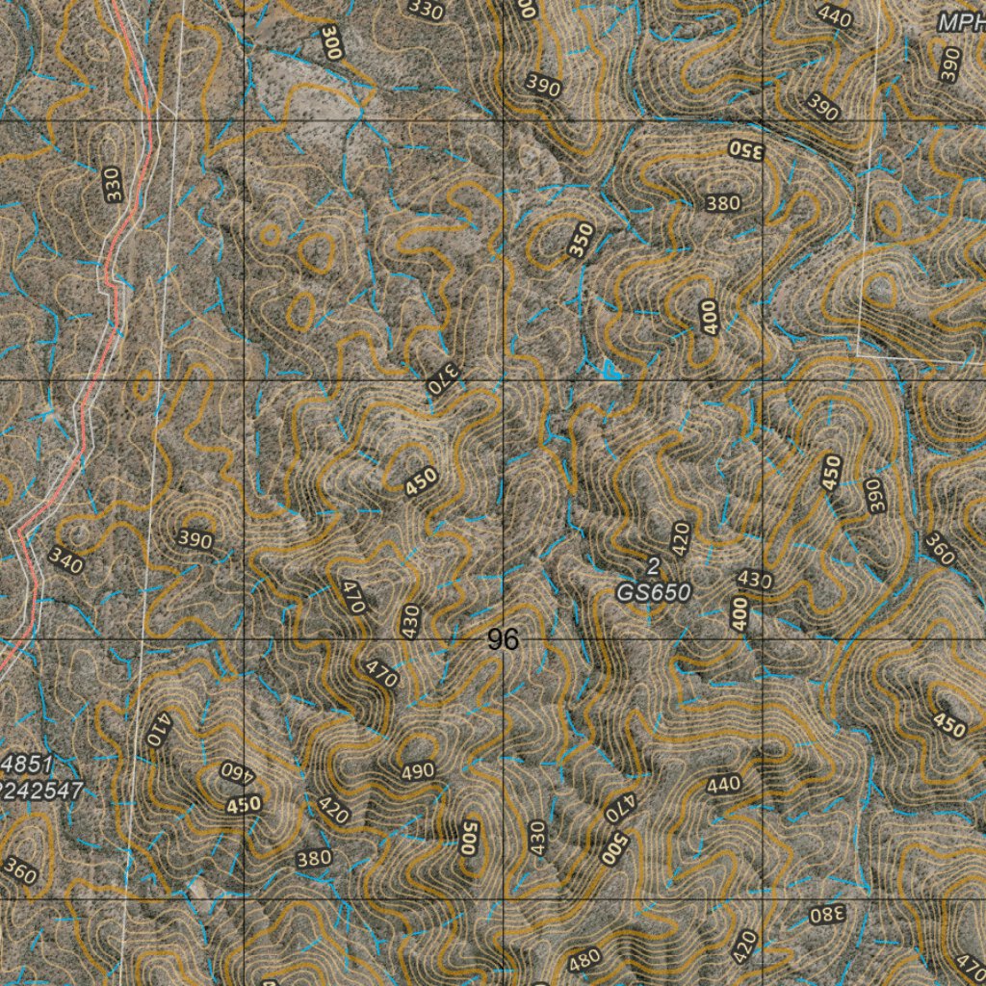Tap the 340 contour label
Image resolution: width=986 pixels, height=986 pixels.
click(65, 560)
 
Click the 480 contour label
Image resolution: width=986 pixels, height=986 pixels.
click(584, 958)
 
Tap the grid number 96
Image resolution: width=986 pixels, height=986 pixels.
click(503, 639)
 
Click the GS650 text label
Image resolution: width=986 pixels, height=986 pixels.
click(654, 593)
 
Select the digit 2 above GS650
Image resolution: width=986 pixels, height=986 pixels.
click(654, 565)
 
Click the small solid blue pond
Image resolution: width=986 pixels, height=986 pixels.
click(609, 368)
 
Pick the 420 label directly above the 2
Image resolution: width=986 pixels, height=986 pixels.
click(681, 539)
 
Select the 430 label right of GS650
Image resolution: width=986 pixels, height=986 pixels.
click(754, 580)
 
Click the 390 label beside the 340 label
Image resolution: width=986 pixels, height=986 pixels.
click(195, 541)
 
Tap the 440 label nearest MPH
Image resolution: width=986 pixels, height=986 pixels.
click(834, 15)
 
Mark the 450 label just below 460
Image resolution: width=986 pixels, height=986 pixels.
click(245, 803)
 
